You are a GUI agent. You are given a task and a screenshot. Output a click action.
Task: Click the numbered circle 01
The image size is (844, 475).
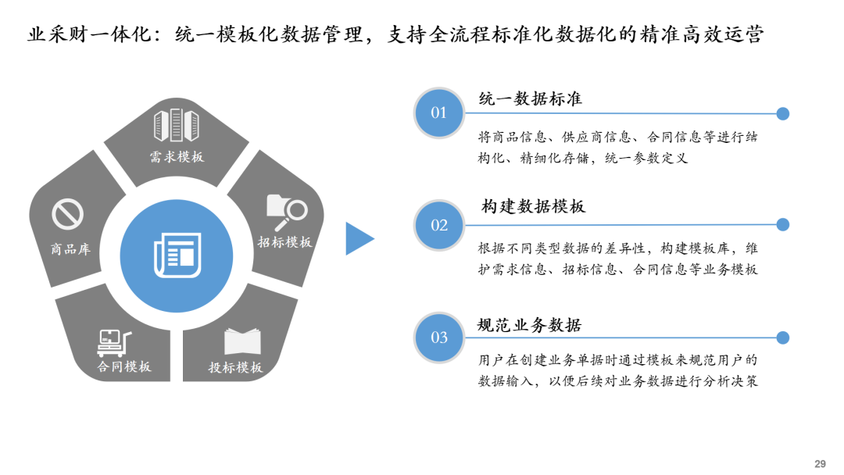(438, 113)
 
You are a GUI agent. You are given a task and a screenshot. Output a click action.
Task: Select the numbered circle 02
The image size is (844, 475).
(438, 225)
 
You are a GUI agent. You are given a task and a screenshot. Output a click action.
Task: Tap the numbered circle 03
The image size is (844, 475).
(438, 337)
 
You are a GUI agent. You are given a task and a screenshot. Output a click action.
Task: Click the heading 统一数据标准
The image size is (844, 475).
(530, 99)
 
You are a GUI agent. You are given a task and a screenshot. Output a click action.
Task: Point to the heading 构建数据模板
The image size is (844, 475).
(533, 206)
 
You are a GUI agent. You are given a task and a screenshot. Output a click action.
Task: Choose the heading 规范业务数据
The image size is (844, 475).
(530, 326)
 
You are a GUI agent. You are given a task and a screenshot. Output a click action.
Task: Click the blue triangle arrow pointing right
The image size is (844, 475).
(359, 238)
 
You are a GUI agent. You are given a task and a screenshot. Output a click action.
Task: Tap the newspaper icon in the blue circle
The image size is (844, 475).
(177, 255)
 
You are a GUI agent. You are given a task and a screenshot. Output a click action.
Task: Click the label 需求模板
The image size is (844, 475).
(177, 157)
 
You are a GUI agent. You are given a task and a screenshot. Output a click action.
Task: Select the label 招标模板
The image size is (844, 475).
(284, 242)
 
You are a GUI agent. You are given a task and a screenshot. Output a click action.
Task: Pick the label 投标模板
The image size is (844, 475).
(235, 367)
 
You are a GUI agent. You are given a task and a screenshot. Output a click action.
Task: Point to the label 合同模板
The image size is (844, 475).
(123, 367)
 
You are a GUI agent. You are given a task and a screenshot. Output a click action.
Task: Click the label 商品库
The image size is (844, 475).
(70, 249)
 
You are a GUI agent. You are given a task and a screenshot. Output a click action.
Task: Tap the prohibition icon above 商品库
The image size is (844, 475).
(67, 214)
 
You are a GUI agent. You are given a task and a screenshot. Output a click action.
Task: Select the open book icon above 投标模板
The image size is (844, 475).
(242, 341)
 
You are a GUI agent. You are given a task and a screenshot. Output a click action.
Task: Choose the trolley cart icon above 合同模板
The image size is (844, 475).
(114, 343)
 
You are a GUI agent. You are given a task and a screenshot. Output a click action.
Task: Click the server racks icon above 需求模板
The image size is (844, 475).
(176, 125)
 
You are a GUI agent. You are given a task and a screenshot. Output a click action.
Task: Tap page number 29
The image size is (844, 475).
(820, 464)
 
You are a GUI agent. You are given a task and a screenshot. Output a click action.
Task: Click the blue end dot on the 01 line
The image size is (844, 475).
(783, 113)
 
